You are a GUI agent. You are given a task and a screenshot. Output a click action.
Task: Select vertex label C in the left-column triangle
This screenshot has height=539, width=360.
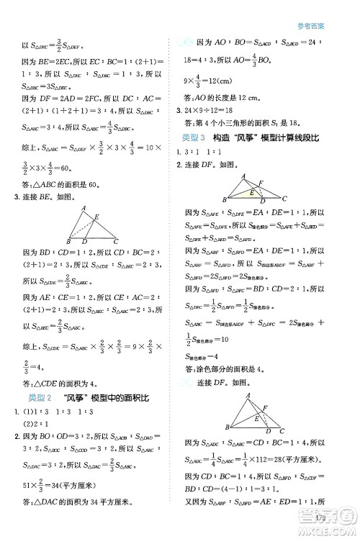pyautogui.click(x=115, y=241)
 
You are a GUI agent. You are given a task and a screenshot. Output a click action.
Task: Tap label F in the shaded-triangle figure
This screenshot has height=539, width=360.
pyautogui.click(x=260, y=184)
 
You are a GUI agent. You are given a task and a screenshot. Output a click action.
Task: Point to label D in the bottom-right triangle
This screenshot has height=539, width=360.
pyautogui.click(x=269, y=431)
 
